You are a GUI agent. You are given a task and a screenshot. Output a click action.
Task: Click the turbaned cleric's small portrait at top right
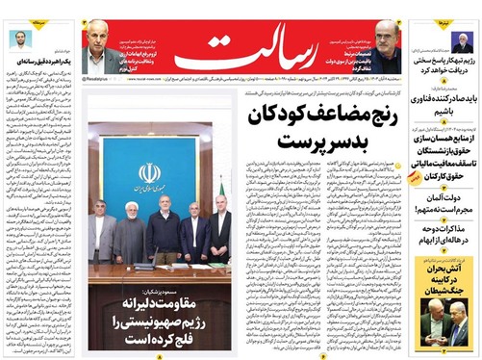pos(462,43)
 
